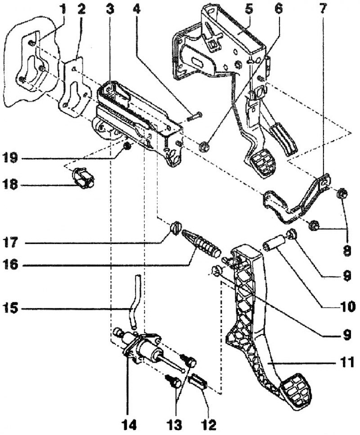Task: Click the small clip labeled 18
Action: [x=82, y=177]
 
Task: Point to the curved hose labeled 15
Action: [x=133, y=306]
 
